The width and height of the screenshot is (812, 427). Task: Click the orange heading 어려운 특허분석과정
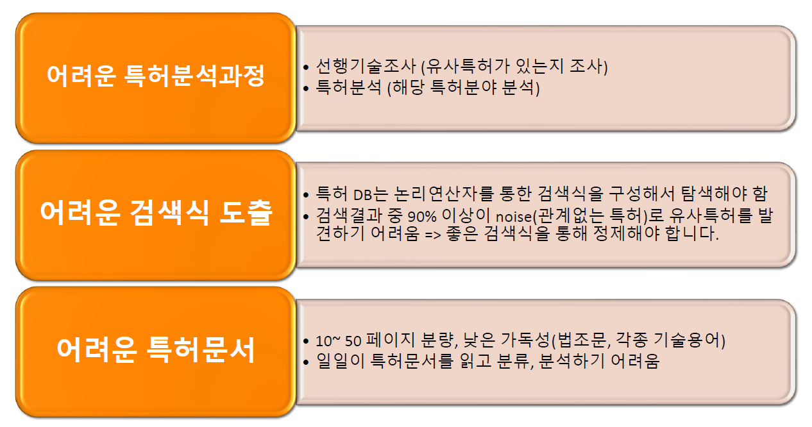[x=156, y=77]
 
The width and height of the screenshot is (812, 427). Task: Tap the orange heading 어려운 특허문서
[x=156, y=350]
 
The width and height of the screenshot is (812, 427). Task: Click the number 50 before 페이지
[x=351, y=340]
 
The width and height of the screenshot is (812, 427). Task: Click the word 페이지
[x=384, y=340]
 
